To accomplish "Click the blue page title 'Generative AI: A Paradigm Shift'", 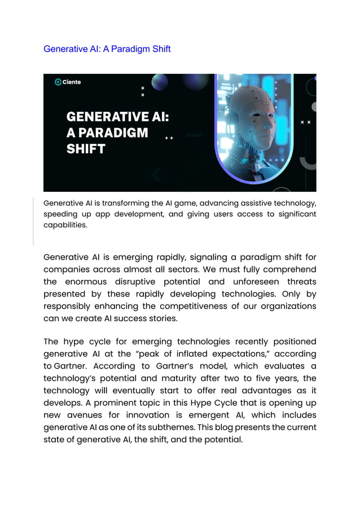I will pos(107,49).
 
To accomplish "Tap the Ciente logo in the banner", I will pos(68,82).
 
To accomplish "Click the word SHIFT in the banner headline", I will pos(86,149).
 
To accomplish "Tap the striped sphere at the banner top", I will pos(160,82).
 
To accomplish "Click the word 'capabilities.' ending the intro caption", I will pos(65,225).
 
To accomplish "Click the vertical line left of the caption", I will pos(33,220).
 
